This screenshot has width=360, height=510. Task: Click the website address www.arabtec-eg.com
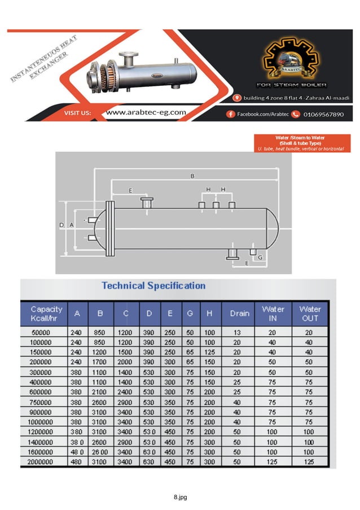pos(146,112)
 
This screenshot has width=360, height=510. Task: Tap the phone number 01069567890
pos(323,114)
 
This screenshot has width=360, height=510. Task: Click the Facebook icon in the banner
pos(230,114)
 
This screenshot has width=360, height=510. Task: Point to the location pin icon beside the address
pos(239,98)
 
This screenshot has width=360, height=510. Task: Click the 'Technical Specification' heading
pos(153,286)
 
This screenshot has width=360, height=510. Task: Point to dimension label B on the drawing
pos(192,176)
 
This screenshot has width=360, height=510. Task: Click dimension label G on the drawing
pos(260,257)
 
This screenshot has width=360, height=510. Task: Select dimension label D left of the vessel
pos(62,225)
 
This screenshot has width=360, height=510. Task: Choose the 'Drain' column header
pos(239,313)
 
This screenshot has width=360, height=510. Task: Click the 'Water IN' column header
pos(273,313)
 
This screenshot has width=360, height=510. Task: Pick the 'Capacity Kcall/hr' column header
pos(46,313)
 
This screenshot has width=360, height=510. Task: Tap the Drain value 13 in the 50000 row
pos(238,333)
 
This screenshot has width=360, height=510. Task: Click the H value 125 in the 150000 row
pos(209,352)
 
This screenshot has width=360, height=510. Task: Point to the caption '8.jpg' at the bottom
pos(180,497)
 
